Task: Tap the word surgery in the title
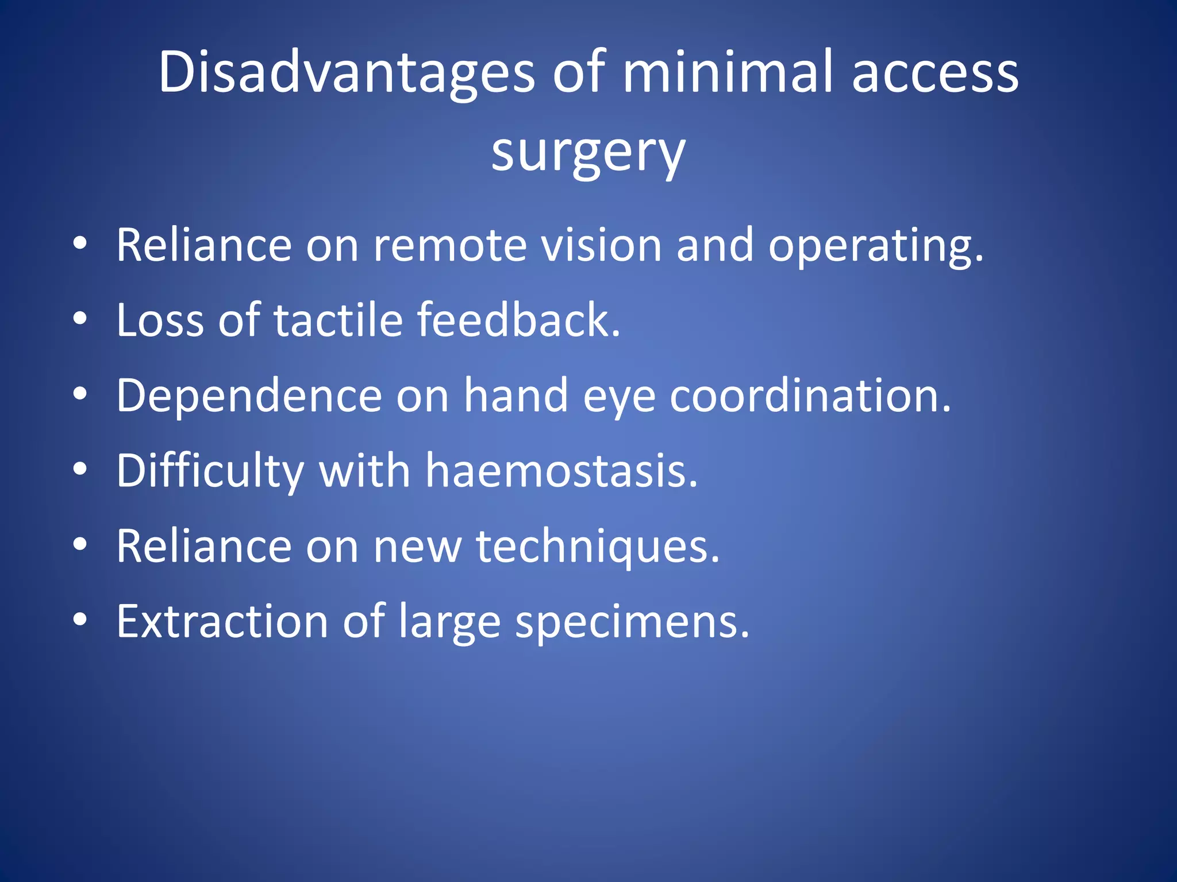click(x=588, y=152)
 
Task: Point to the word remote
click(x=450, y=245)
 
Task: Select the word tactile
click(x=338, y=320)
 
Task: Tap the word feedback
click(x=518, y=320)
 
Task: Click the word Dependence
click(x=249, y=396)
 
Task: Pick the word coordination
click(x=810, y=396)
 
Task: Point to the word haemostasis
click(x=561, y=471)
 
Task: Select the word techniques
click(x=597, y=547)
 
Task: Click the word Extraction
click(x=222, y=621)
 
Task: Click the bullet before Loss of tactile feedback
click(x=80, y=318)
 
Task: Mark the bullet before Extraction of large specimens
click(x=80, y=620)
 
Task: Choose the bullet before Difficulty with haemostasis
click(x=80, y=469)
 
